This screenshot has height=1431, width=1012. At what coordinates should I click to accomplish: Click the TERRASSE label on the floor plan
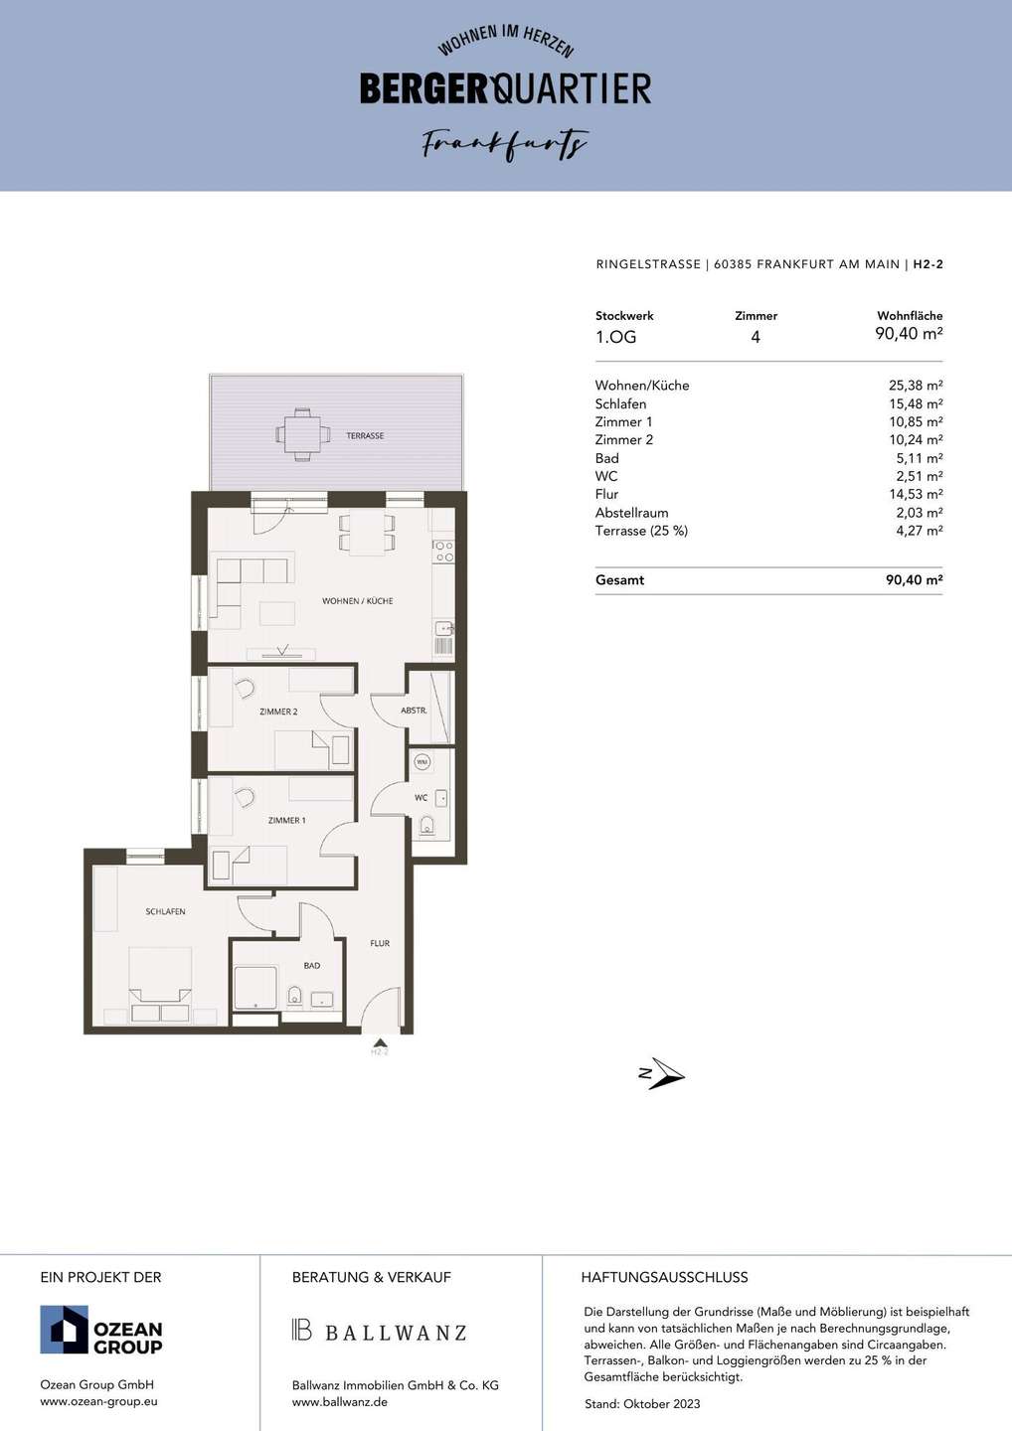point(365,435)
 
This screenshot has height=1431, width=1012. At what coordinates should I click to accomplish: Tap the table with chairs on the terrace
point(303,434)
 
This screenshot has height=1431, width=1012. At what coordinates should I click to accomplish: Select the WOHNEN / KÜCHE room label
point(357,600)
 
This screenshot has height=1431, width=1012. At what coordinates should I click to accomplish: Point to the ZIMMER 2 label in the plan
point(278,712)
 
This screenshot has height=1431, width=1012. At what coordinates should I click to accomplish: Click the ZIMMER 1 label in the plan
point(287,820)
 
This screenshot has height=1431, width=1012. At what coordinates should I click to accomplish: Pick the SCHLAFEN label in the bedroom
point(165,911)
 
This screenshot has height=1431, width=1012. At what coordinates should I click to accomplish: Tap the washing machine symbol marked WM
point(422,762)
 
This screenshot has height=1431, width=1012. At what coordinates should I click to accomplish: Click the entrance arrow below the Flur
point(380,1041)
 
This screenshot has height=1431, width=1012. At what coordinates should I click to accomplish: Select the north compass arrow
point(662,1074)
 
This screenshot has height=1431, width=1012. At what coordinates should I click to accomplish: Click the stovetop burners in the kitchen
point(443,552)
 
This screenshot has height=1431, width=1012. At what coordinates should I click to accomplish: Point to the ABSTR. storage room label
point(414,710)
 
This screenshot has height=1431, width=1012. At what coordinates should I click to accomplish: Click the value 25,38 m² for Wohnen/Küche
point(916,386)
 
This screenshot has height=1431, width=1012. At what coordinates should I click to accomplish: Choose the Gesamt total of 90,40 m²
point(915,579)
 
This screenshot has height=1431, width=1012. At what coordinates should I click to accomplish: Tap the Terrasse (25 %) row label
point(641,531)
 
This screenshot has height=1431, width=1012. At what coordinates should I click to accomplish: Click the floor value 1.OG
point(616,337)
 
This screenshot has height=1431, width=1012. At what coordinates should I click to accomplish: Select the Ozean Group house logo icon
point(64,1330)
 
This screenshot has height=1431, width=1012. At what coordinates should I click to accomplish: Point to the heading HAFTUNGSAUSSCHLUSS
point(664,1277)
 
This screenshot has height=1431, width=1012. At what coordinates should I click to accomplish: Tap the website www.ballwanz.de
point(340,1402)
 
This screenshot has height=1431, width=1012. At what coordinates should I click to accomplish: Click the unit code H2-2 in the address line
point(928,264)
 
